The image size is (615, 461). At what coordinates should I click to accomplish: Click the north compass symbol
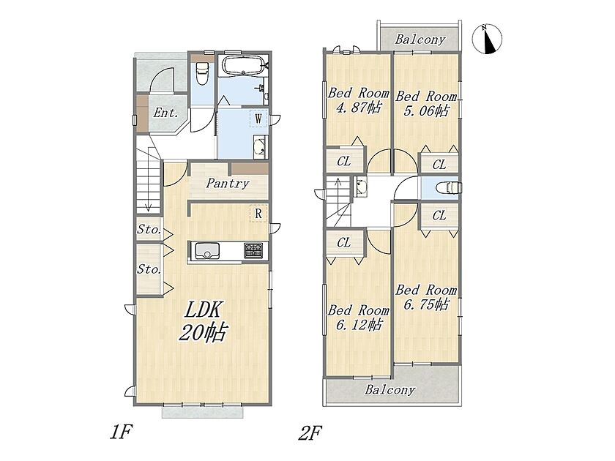click(487, 39)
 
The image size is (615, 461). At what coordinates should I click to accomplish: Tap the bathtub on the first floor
click(244, 65)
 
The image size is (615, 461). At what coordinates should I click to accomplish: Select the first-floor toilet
click(201, 73)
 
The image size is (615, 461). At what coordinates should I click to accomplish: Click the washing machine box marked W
click(258, 119)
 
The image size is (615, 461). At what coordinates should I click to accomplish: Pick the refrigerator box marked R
click(258, 214)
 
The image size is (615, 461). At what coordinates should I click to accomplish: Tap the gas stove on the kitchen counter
click(253, 250)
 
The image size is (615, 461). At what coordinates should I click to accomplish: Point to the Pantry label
click(228, 184)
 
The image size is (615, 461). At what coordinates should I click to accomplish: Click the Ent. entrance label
click(166, 113)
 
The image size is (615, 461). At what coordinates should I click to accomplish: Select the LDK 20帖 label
click(204, 321)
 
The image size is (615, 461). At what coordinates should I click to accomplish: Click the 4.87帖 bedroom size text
click(359, 108)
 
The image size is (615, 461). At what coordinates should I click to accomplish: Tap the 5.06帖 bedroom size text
click(426, 110)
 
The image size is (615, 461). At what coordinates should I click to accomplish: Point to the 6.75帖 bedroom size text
click(426, 304)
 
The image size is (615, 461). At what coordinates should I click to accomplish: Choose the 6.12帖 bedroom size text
click(359, 325)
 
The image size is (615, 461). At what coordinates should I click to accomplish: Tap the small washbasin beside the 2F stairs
click(360, 186)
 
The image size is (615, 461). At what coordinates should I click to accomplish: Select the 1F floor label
click(121, 432)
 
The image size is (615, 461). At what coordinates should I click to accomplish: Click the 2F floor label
click(310, 433)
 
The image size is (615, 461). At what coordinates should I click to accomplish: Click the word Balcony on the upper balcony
click(420, 40)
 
